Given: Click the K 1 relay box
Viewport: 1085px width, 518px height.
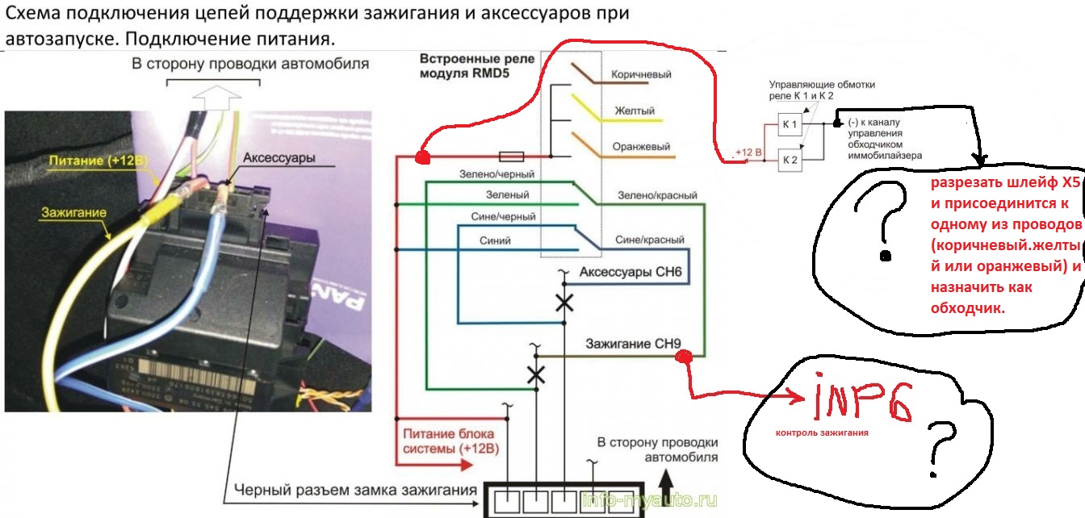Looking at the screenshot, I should coord(789,125).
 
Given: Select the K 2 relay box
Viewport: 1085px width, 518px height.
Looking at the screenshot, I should coord(789,161).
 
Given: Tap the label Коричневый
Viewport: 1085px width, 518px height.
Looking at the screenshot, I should coord(641,74).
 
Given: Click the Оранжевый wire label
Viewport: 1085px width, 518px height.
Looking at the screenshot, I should coord(642,147).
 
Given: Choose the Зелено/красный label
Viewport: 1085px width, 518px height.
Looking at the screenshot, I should coord(657,195).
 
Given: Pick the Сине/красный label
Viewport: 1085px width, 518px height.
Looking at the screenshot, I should coord(650,240).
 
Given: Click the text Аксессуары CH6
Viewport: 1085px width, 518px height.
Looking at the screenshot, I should coord(630,273).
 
